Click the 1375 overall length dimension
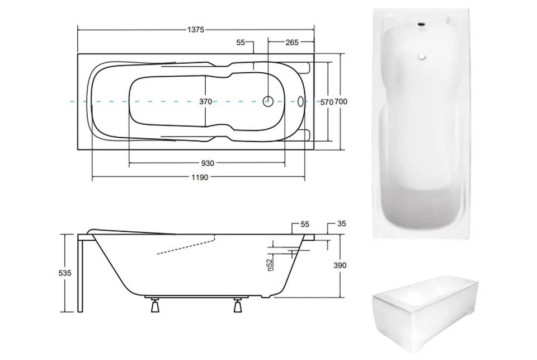tap(196, 30)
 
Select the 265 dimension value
tap(292, 43)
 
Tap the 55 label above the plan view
tap(241, 43)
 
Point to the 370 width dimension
tap(205, 101)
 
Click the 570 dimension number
tap(326, 102)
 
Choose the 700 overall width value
tap(341, 101)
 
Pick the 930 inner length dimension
tap(208, 163)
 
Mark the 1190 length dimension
tap(200, 177)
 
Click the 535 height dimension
tap(65, 273)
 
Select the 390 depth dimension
tap(340, 265)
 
